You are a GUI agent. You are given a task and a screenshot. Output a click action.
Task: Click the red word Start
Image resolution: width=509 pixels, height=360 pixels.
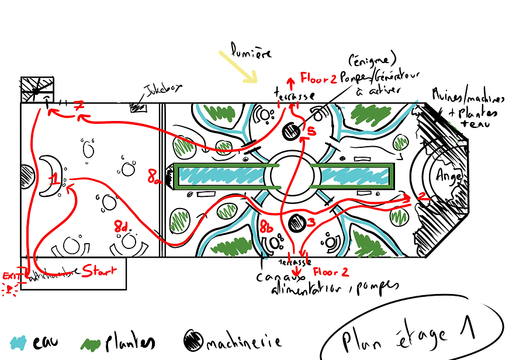[99, 271]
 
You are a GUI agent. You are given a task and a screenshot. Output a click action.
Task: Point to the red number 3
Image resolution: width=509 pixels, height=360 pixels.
[311, 221]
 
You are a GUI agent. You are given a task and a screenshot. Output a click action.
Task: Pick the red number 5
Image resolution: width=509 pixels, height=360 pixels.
[311, 132]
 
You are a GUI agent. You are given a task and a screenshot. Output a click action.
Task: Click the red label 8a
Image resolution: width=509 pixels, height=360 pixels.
[154, 175]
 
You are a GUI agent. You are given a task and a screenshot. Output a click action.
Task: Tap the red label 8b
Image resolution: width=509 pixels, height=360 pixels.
[266, 225]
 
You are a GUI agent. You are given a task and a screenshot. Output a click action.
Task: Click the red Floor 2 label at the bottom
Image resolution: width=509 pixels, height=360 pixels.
[331, 272]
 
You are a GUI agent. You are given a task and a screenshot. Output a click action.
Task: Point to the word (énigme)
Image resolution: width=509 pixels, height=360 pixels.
[373, 60]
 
